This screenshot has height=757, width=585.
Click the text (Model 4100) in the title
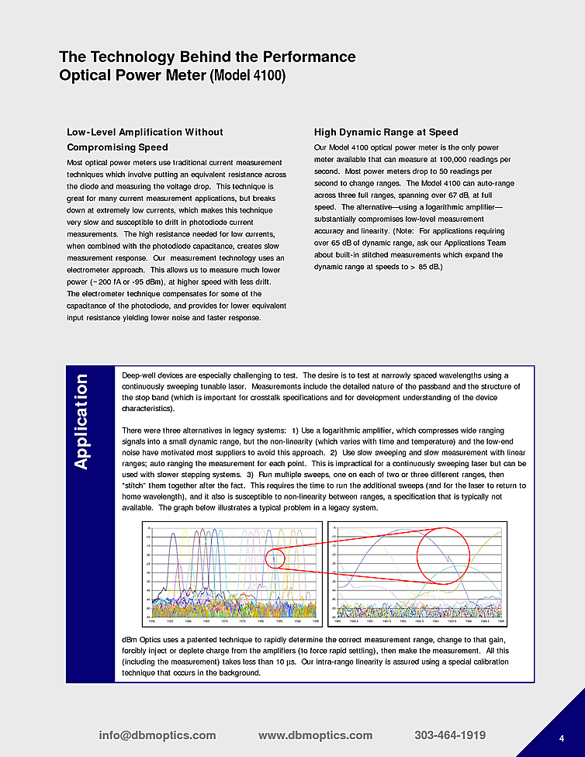click(247, 76)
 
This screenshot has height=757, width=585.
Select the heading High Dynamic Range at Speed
click(386, 132)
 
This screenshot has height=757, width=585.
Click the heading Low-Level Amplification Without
click(144, 132)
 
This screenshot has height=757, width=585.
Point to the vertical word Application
click(82, 421)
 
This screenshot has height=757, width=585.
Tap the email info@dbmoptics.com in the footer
click(157, 735)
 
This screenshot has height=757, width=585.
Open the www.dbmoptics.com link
click(315, 735)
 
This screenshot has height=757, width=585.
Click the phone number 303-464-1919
click(450, 735)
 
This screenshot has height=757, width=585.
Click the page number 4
click(561, 738)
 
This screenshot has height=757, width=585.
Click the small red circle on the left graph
click(277, 557)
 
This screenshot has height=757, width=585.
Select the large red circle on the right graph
click(444, 554)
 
